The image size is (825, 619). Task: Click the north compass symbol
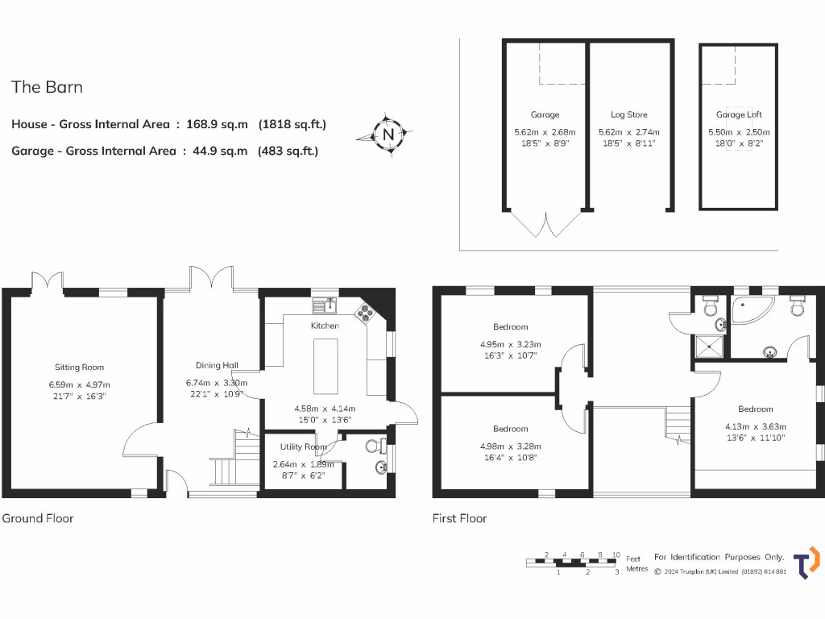[388, 134]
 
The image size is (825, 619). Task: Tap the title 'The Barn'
[47, 87]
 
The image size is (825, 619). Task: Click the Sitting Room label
[79, 366]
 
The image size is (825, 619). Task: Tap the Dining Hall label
[217, 365]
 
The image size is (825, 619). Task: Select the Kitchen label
[325, 326]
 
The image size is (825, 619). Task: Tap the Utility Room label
[303, 447]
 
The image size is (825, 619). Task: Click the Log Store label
[628, 114]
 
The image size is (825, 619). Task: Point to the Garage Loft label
[739, 114]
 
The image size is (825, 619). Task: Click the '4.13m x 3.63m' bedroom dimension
[755, 427]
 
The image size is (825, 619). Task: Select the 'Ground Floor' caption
[38, 518]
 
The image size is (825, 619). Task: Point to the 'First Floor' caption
[459, 518]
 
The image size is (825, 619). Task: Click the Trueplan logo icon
[806, 563]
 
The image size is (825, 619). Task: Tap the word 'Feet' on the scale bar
[634, 558]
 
